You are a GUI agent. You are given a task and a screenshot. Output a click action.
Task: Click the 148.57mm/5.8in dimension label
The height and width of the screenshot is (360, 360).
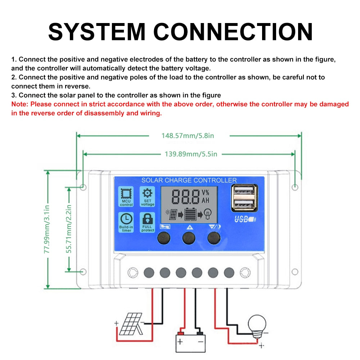coord(188,136)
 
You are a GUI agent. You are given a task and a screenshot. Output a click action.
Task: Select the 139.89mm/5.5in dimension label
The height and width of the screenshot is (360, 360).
coord(191,154)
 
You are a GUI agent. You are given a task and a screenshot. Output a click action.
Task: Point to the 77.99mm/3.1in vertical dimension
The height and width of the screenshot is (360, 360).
coord(47,229)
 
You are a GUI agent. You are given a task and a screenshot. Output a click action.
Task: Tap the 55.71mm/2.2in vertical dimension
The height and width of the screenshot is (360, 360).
coord(69,229)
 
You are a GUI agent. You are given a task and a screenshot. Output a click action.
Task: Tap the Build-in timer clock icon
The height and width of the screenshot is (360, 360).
coord(126,219)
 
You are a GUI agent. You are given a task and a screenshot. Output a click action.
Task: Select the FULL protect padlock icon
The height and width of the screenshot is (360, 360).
coord(148,219)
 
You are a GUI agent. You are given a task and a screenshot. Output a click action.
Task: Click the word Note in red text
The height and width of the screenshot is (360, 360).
coord(19,104)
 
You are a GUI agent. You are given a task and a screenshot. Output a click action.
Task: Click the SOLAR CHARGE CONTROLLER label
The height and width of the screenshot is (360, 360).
coord(189,180)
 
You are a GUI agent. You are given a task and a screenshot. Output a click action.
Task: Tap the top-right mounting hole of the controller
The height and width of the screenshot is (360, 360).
coord(295,187)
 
